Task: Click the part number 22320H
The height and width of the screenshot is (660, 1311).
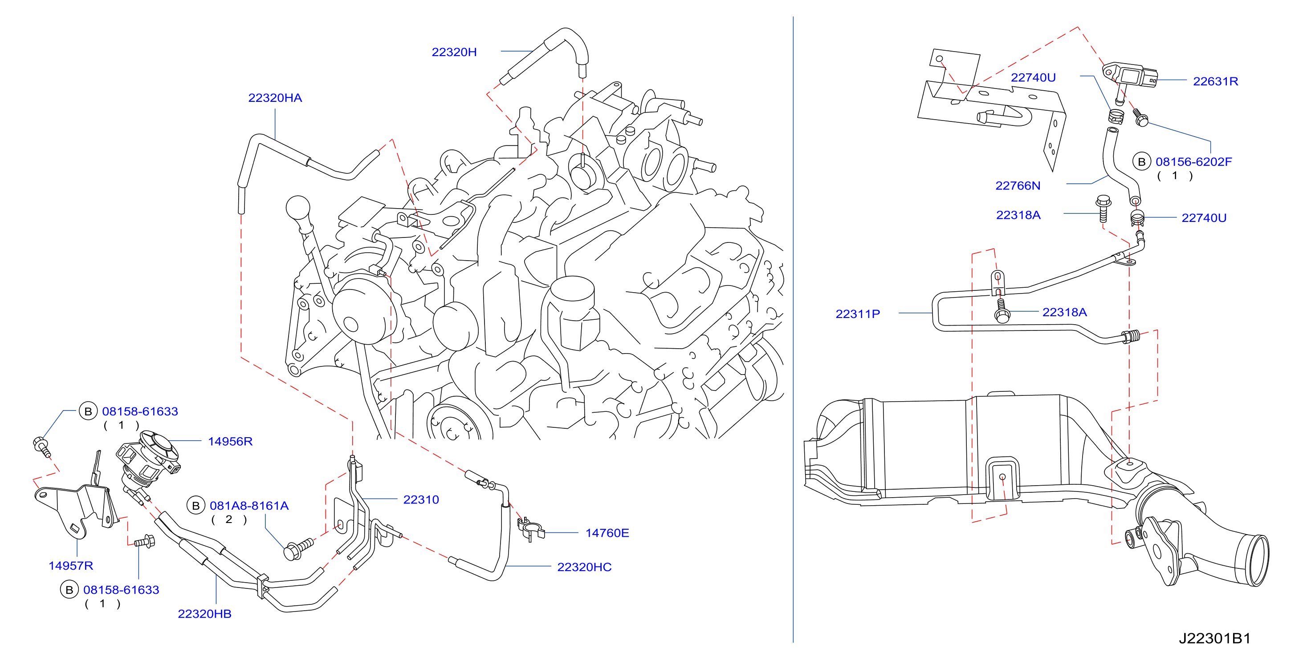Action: [x=454, y=52]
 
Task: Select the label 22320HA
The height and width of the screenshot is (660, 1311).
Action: [x=275, y=98]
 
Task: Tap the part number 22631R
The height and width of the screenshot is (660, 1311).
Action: [x=1215, y=81]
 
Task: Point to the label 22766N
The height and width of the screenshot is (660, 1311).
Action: [x=1018, y=185]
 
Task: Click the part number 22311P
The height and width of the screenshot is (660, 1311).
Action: [x=858, y=314]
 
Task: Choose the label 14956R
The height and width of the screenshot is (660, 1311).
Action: [x=230, y=441]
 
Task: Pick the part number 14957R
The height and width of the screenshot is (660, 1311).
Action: [x=71, y=565]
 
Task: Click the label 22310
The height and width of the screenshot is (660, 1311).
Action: [x=421, y=500]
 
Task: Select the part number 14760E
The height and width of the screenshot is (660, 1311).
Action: [x=607, y=533]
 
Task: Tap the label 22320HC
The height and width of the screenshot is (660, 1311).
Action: [x=584, y=567]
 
